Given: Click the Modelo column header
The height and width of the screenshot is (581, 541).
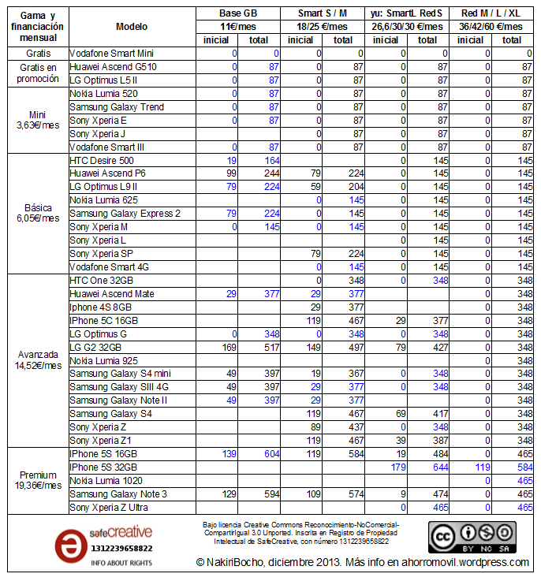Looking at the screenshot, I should click(132, 26).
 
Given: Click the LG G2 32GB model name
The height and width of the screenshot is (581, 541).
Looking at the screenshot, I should click(97, 346).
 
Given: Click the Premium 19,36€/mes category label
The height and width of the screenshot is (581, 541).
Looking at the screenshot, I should click(39, 481).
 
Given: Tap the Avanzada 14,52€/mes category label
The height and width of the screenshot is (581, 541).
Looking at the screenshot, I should click(39, 359).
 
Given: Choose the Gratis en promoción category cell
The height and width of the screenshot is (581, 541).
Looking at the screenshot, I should click(39, 73).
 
